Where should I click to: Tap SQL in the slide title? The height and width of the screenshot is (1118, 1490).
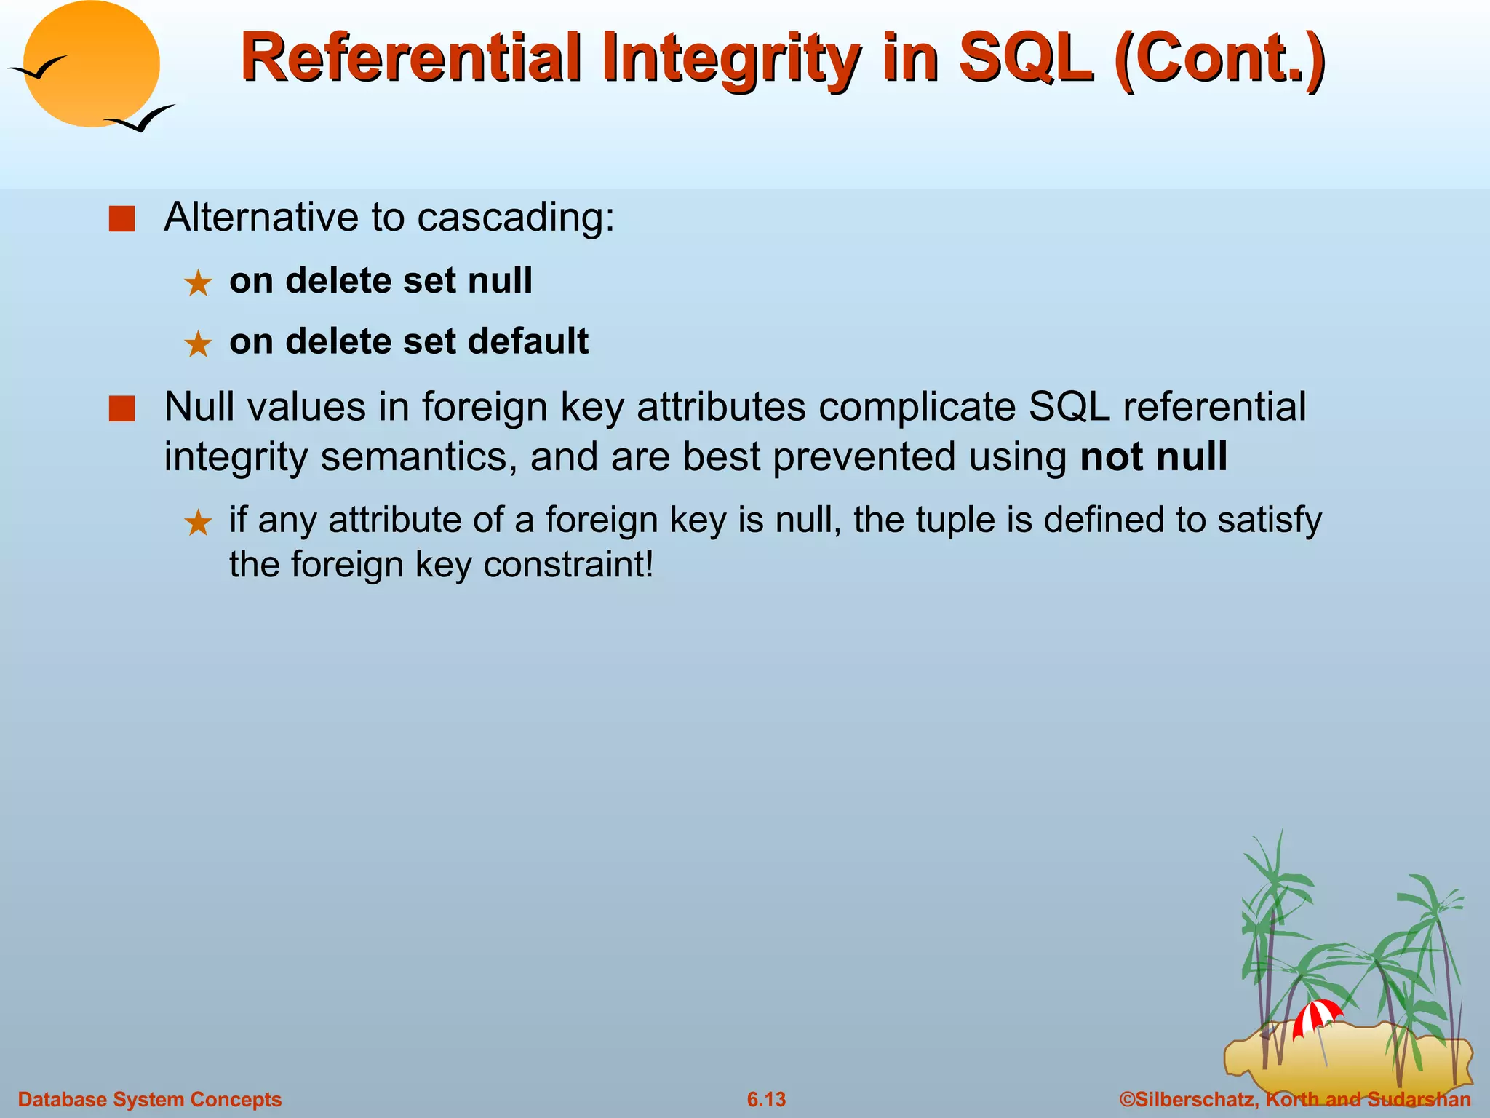click(x=1026, y=58)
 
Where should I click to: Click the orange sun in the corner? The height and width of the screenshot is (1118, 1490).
click(x=91, y=64)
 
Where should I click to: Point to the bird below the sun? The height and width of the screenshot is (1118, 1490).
click(x=140, y=119)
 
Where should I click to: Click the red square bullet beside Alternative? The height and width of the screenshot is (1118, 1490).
click(x=121, y=218)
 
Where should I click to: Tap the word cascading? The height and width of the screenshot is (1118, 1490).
click(x=516, y=217)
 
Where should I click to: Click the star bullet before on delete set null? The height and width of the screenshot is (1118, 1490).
click(x=198, y=283)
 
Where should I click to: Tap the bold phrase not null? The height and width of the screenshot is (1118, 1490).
click(x=1153, y=457)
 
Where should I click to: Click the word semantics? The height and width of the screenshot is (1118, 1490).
click(x=418, y=457)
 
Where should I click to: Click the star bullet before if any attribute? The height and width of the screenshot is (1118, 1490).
click(x=198, y=523)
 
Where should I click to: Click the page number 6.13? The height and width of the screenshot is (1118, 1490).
click(x=766, y=1099)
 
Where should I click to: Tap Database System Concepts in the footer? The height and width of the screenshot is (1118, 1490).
click(x=149, y=1099)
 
